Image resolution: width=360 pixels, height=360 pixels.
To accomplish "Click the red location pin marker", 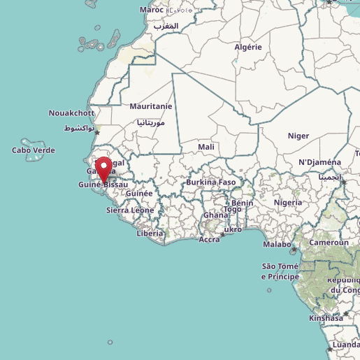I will [105, 170].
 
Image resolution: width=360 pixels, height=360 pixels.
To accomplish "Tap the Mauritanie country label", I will [150, 106].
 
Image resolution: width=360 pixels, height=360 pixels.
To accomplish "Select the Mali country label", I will [206, 147].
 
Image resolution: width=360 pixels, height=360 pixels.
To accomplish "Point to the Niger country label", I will [298, 136].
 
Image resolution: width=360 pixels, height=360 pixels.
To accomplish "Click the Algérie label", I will [247, 48].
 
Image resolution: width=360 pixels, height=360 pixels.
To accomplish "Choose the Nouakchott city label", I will [71, 113].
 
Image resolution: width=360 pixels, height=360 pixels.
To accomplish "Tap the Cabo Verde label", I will [34, 150].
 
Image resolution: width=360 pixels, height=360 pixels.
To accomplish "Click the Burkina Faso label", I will [210, 182].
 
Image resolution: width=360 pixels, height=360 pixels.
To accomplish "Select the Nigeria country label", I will [288, 202].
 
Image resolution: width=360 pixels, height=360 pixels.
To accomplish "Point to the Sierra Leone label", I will [130, 210].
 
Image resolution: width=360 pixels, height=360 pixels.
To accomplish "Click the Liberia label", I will [150, 233].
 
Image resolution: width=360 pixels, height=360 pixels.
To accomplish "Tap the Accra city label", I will [209, 239].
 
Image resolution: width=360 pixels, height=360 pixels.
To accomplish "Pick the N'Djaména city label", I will [319, 162].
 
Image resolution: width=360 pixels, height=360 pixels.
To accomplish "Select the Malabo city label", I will [277, 244].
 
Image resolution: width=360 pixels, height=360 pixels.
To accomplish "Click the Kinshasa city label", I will [326, 317].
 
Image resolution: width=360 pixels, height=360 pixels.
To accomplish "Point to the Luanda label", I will [347, 345].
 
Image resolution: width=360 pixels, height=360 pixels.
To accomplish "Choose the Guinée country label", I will [139, 193].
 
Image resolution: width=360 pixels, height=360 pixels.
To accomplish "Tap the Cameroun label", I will [329, 242].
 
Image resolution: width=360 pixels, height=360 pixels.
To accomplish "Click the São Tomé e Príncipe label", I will [280, 271].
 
